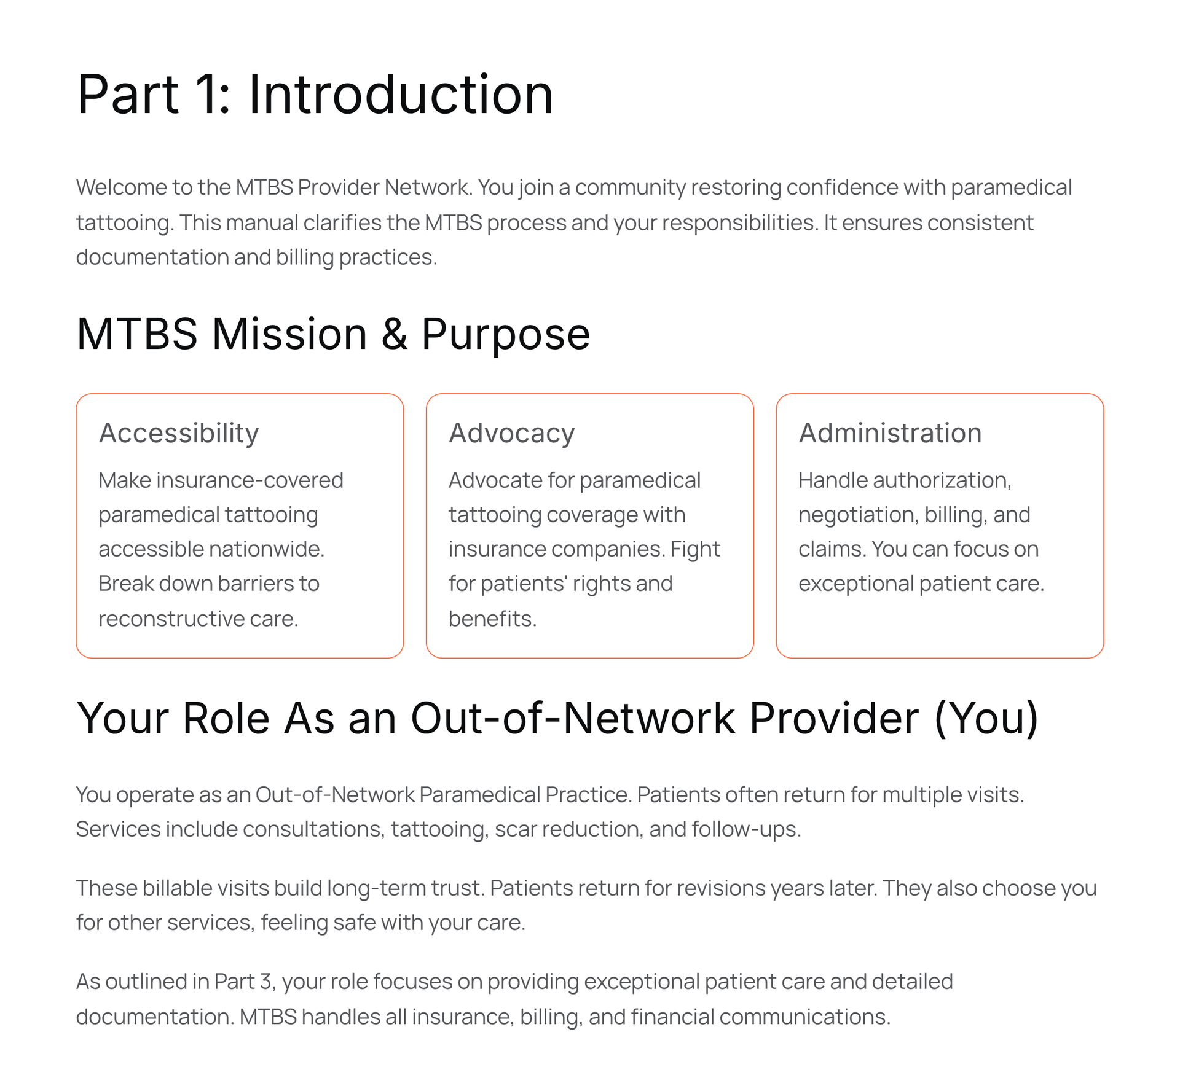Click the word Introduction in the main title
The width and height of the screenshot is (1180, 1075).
(400, 95)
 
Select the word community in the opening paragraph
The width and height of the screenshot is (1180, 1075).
(629, 187)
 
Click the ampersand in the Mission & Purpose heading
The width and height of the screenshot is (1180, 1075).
(394, 334)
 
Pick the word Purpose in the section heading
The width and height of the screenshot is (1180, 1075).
(505, 334)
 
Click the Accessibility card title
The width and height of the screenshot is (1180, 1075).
(179, 433)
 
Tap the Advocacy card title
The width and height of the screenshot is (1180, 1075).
(511, 433)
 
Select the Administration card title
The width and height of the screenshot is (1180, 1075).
(890, 433)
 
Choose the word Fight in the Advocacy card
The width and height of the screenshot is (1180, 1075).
(695, 549)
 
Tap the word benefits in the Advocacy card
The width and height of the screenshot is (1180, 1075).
(492, 619)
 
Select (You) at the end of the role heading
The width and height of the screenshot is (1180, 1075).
(986, 717)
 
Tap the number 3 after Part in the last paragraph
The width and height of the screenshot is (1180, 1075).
(265, 982)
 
